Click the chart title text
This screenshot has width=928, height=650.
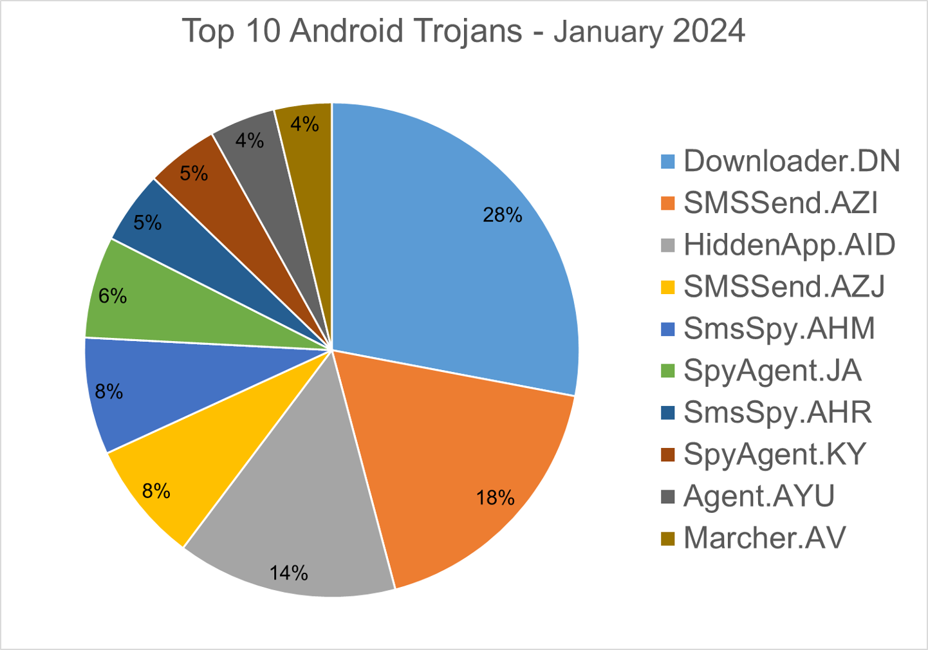point(463,31)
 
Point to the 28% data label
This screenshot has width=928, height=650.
point(503,215)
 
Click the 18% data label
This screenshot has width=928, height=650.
point(496,498)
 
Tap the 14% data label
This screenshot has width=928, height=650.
point(289,573)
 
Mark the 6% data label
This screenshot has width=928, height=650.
point(113,296)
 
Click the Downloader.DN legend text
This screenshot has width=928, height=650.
point(792,161)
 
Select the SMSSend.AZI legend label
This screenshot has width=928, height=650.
point(781,203)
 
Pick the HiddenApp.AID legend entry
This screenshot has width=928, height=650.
point(790,245)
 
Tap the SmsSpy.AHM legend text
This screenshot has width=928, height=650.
point(779,328)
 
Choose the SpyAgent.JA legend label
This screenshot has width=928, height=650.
point(772,371)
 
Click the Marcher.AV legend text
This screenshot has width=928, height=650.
point(765,538)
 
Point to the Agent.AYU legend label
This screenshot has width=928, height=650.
point(759,496)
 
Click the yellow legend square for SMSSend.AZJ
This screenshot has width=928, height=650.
point(668,287)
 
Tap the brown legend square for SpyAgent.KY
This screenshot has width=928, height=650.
point(668,455)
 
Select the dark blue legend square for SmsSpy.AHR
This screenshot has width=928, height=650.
point(668,413)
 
